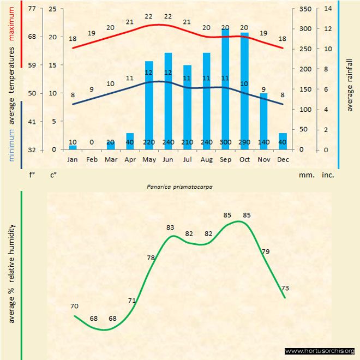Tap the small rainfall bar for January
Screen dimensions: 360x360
tap(73, 147)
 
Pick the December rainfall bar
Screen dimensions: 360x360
tap(283, 141)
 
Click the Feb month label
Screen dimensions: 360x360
tap(92, 160)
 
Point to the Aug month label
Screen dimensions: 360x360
tap(206, 160)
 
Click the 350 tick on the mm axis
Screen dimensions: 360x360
tap(305, 9)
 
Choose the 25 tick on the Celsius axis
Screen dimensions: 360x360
tap(52, 9)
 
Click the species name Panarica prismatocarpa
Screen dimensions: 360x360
tap(179, 186)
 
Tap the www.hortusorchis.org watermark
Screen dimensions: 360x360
tap(320, 351)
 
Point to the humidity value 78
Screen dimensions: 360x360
tap(152, 257)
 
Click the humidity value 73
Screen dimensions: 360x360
tap(285, 288)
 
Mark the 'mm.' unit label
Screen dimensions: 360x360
tap(305, 175)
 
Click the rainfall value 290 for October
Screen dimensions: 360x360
tap(244, 142)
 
